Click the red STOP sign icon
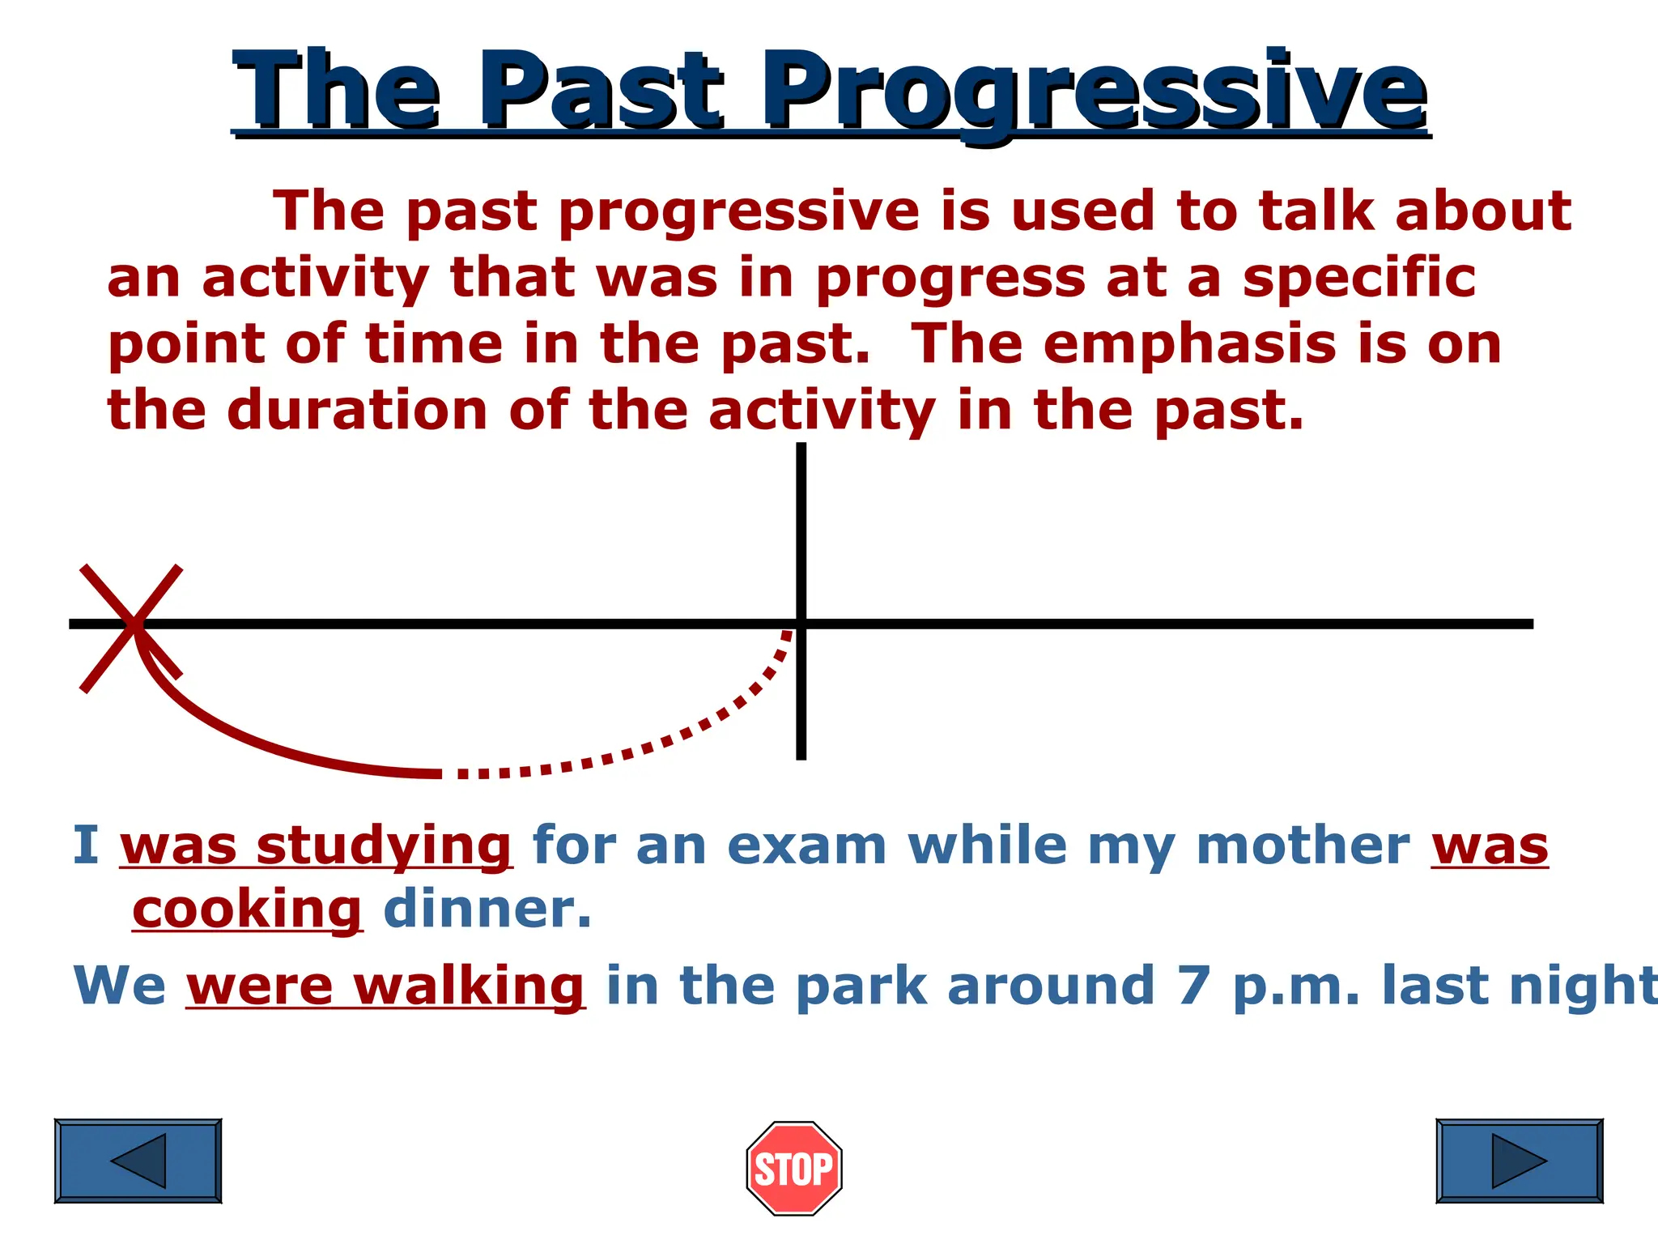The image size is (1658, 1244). pos(794,1168)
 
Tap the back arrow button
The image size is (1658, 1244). pos(138,1161)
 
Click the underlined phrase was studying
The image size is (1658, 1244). pos(316,846)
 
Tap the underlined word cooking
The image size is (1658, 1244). pos(247,910)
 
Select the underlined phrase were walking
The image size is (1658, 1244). pos(385,986)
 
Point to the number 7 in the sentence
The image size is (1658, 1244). pos(1193,986)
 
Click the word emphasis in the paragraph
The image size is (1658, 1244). pos(1189,345)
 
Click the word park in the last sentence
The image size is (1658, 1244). pos(861,986)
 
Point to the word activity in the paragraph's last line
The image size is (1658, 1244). pos(822,411)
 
